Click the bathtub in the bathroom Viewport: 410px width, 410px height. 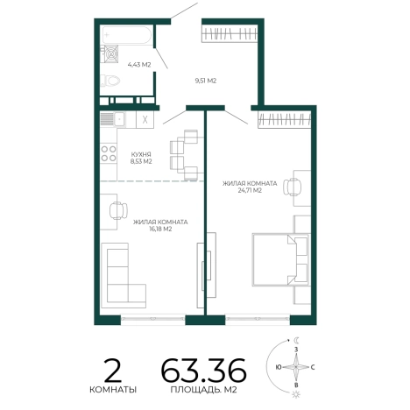pos(126,35)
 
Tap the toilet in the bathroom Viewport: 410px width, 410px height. pos(110,81)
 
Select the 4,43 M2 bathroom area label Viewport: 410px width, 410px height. pos(139,65)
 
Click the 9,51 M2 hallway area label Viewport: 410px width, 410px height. pos(206,81)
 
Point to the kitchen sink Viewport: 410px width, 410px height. pos(112,119)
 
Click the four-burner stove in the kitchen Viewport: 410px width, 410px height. pos(109,154)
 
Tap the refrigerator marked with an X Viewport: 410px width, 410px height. pos(145,119)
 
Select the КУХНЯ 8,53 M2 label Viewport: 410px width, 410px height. pos(141,158)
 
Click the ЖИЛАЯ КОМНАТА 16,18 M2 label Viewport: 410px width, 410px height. pos(160,225)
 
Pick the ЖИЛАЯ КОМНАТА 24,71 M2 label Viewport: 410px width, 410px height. pos(250,187)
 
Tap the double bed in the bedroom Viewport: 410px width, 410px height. pos(280,259)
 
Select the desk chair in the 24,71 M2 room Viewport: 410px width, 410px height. pos(292,187)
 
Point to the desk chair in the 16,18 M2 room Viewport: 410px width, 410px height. pos(118,210)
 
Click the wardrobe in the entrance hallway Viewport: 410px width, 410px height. pos(230,33)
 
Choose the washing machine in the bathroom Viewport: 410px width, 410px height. pos(110,54)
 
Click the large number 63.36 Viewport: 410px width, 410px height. pos(203,371)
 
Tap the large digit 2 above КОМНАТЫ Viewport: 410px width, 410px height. pos(113,371)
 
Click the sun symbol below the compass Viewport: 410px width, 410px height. pos(296,394)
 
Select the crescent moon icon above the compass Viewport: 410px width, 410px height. pos(296,340)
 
